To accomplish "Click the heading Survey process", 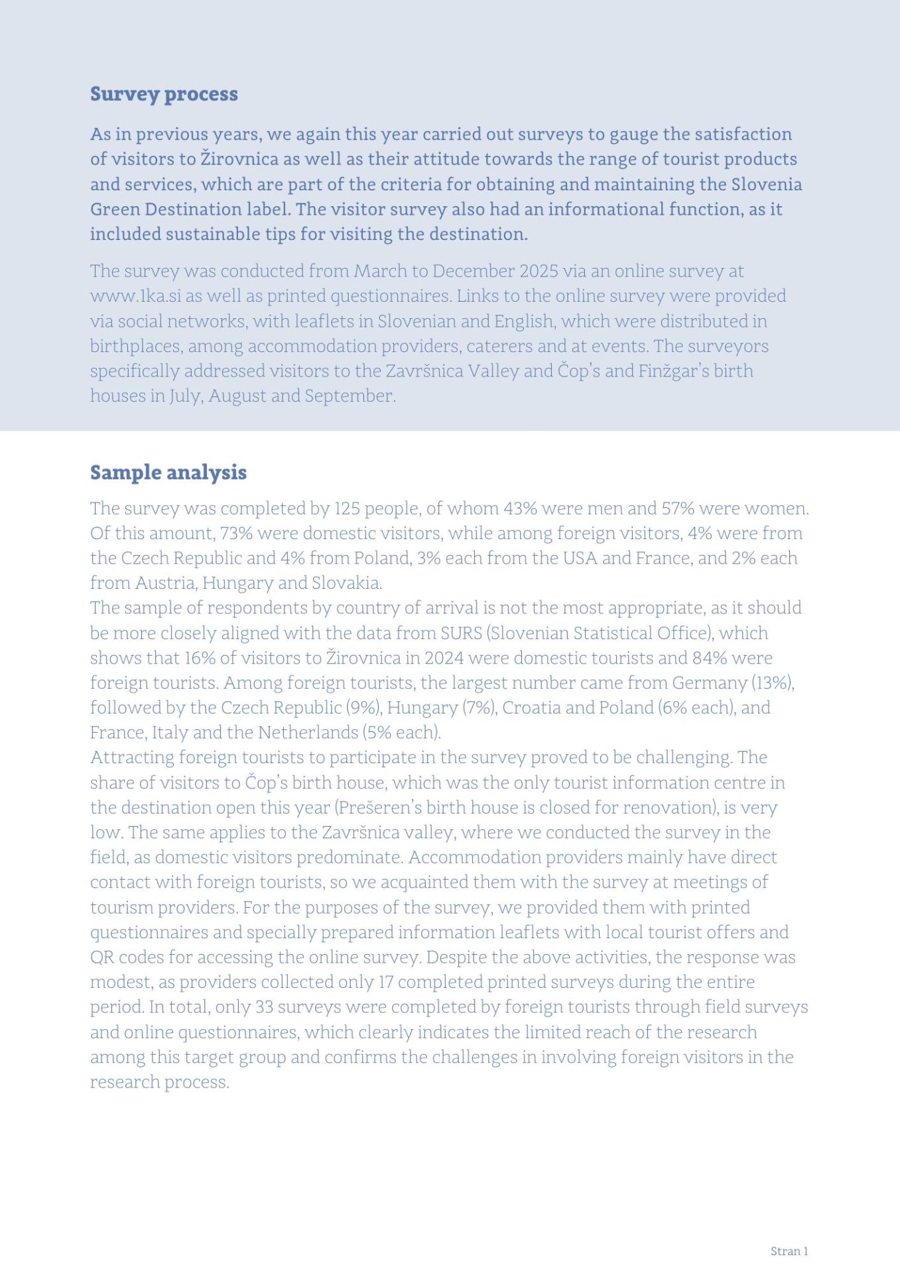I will pos(164,94).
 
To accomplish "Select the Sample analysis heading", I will pos(168,473).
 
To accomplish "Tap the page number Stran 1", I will pos(789,1251).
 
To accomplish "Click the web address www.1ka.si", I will pos(135,296).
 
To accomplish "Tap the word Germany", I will pos(709,683).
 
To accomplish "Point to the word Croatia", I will pos(531,708).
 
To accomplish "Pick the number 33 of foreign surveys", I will pos(264,1007).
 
